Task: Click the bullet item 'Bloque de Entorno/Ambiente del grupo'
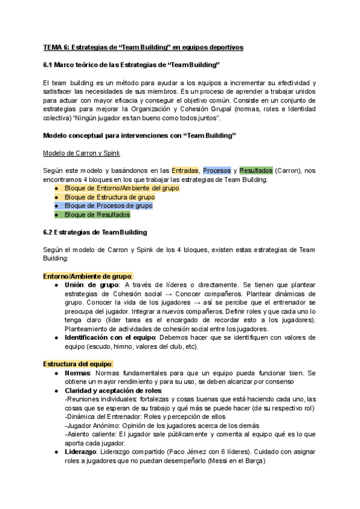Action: [121, 188]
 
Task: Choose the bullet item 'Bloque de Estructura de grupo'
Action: [109, 197]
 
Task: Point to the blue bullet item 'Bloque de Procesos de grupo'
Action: [108, 205]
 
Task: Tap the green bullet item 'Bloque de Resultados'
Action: [97, 214]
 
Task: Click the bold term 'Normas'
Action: [77, 373]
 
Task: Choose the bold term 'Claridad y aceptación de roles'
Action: [113, 390]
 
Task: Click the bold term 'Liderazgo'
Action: [83, 452]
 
